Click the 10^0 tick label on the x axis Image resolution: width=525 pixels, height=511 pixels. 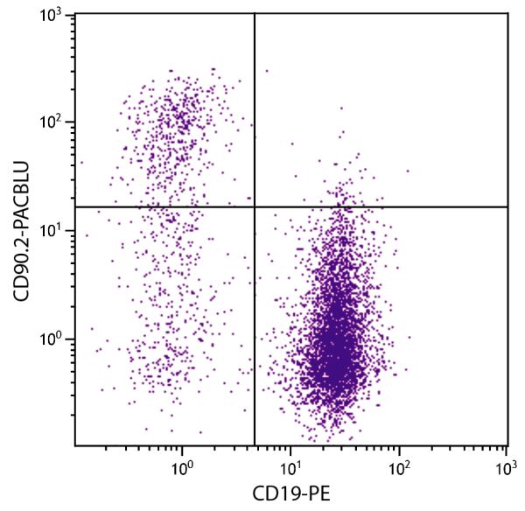point(182,468)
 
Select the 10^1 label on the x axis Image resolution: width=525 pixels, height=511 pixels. point(290,468)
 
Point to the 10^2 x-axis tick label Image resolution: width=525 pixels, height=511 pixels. point(399,468)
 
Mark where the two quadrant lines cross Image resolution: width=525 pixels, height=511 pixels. point(255,206)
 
